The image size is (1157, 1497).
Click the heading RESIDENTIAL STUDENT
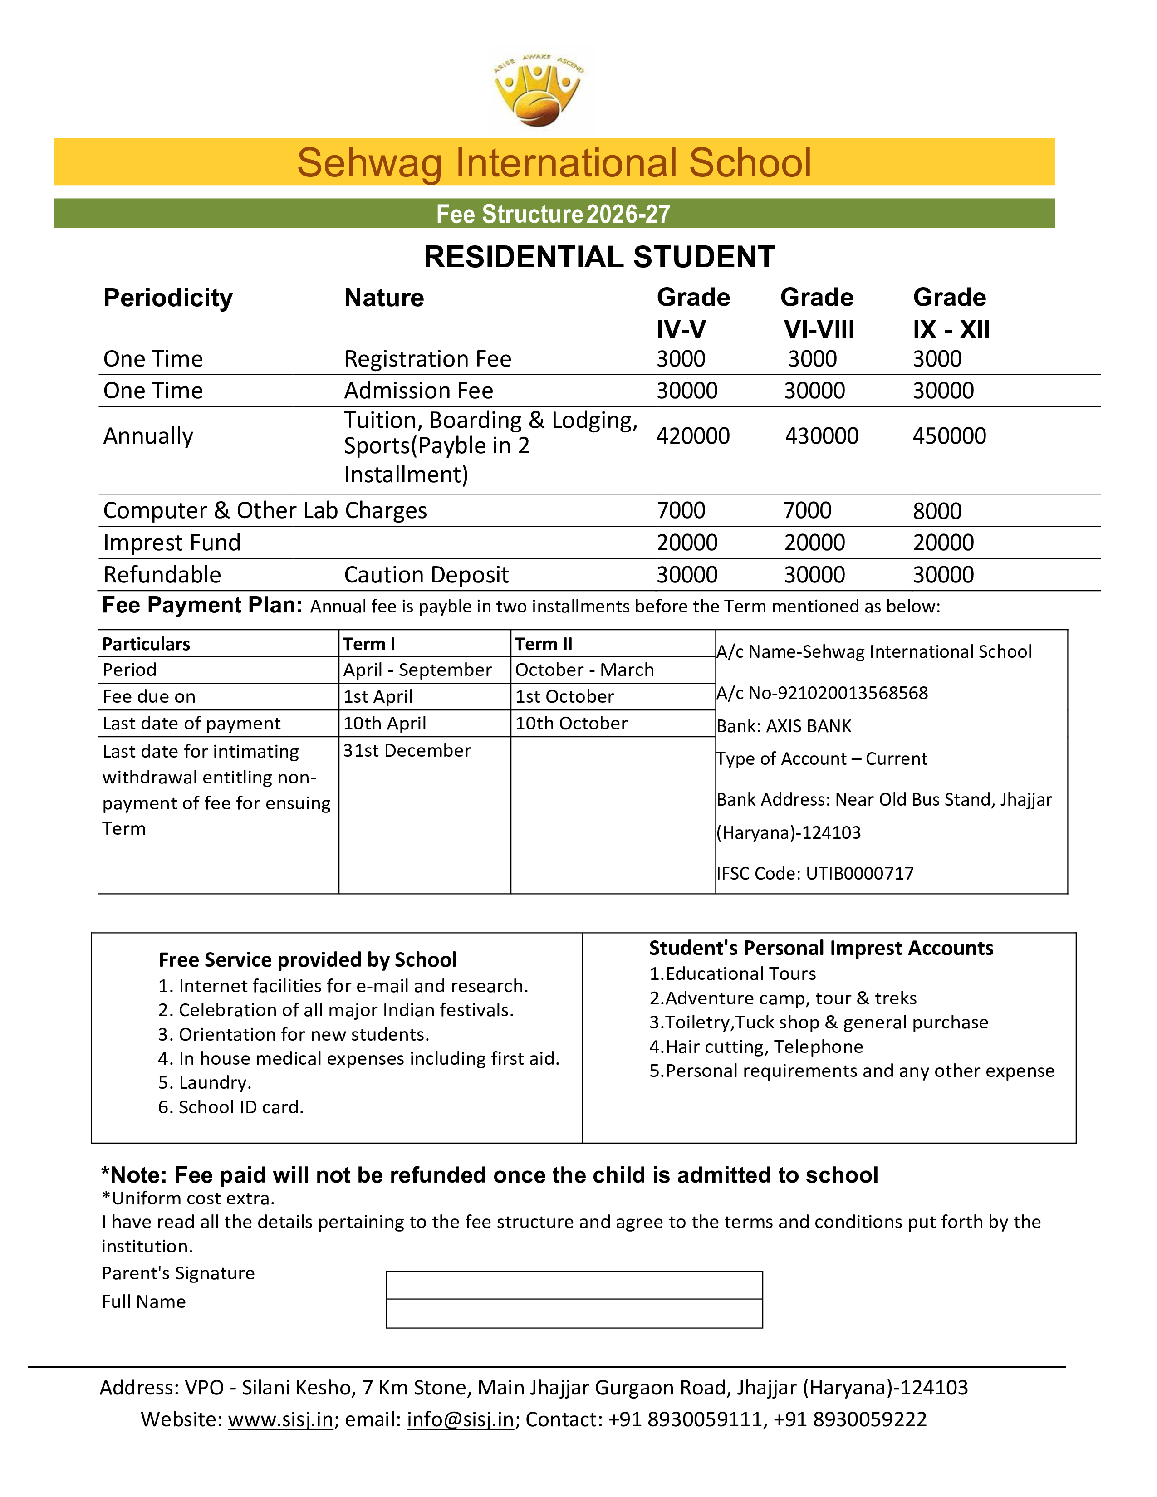click(x=599, y=257)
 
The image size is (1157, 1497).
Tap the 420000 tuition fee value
click(x=693, y=436)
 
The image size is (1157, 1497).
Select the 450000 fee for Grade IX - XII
click(x=949, y=436)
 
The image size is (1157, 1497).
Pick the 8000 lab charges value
click(x=937, y=511)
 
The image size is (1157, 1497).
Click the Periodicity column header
click(x=168, y=298)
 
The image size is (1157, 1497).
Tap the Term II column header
click(x=544, y=644)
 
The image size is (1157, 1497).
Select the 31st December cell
click(x=407, y=751)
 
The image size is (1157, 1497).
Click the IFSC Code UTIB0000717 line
click(x=815, y=873)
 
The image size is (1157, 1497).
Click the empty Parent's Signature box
click(x=574, y=1285)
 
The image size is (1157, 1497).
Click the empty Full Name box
click(x=574, y=1313)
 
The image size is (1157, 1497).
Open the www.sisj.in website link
click(x=280, y=1419)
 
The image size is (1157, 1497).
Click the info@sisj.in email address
click(x=460, y=1419)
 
